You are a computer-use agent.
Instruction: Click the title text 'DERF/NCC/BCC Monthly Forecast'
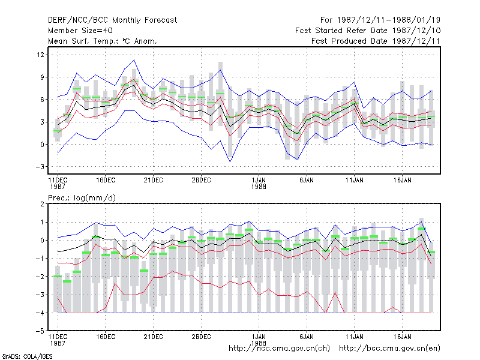point(112,20)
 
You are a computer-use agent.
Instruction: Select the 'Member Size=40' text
point(80,31)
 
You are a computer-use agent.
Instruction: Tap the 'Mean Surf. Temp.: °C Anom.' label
point(102,41)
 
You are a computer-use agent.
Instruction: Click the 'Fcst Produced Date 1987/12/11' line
point(376,41)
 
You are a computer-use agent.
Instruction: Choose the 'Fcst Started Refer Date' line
point(368,31)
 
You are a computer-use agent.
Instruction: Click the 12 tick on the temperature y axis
point(40,55)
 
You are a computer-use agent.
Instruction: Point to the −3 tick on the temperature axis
point(40,167)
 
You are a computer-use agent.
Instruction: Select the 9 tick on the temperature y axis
point(42,77)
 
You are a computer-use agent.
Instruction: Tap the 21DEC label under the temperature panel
point(154,180)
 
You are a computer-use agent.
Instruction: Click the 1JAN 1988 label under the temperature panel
point(259,183)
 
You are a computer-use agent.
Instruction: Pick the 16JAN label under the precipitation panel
point(402,337)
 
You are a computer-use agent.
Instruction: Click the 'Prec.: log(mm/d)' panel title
point(82,198)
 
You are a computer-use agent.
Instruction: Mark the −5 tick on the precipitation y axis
point(40,331)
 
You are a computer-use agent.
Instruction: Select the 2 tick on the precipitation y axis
point(42,204)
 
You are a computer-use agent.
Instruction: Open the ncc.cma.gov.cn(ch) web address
point(279,349)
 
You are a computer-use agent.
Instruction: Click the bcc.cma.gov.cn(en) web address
point(389,349)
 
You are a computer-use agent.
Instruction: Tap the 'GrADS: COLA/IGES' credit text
point(27,356)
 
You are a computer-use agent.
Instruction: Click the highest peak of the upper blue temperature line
point(134,60)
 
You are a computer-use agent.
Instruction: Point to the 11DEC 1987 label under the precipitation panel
point(58,340)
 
